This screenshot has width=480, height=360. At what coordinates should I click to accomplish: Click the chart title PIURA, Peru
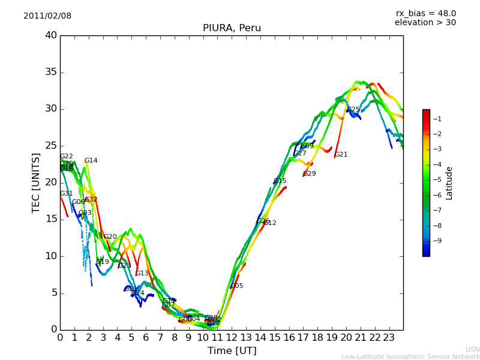pos(232,28)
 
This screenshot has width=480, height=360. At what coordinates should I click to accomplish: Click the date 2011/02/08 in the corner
pos(47,16)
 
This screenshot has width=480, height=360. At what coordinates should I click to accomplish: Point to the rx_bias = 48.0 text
pos(425,14)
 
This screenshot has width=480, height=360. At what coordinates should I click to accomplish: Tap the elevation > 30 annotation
pos(425,23)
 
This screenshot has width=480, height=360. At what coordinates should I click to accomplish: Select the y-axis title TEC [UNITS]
pos(36,182)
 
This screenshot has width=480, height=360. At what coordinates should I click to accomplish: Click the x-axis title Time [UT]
pos(232,350)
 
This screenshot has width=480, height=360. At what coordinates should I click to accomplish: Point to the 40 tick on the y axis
pos(51,35)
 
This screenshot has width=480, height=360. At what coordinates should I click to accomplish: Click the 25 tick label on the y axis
pos(51,146)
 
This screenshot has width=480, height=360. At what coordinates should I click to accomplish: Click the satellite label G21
pos(341,155)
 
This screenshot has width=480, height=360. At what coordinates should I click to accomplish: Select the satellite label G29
pos(310,174)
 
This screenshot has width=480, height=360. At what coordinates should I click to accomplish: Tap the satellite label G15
pos(280,181)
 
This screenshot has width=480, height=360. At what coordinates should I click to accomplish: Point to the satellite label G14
pos(91,161)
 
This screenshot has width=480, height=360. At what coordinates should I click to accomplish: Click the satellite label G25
pos(353,110)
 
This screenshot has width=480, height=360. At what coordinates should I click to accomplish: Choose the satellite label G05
pos(237,286)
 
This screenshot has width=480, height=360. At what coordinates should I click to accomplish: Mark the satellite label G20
pos(110,237)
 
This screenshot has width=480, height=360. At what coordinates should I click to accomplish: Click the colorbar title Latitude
pos(449,182)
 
